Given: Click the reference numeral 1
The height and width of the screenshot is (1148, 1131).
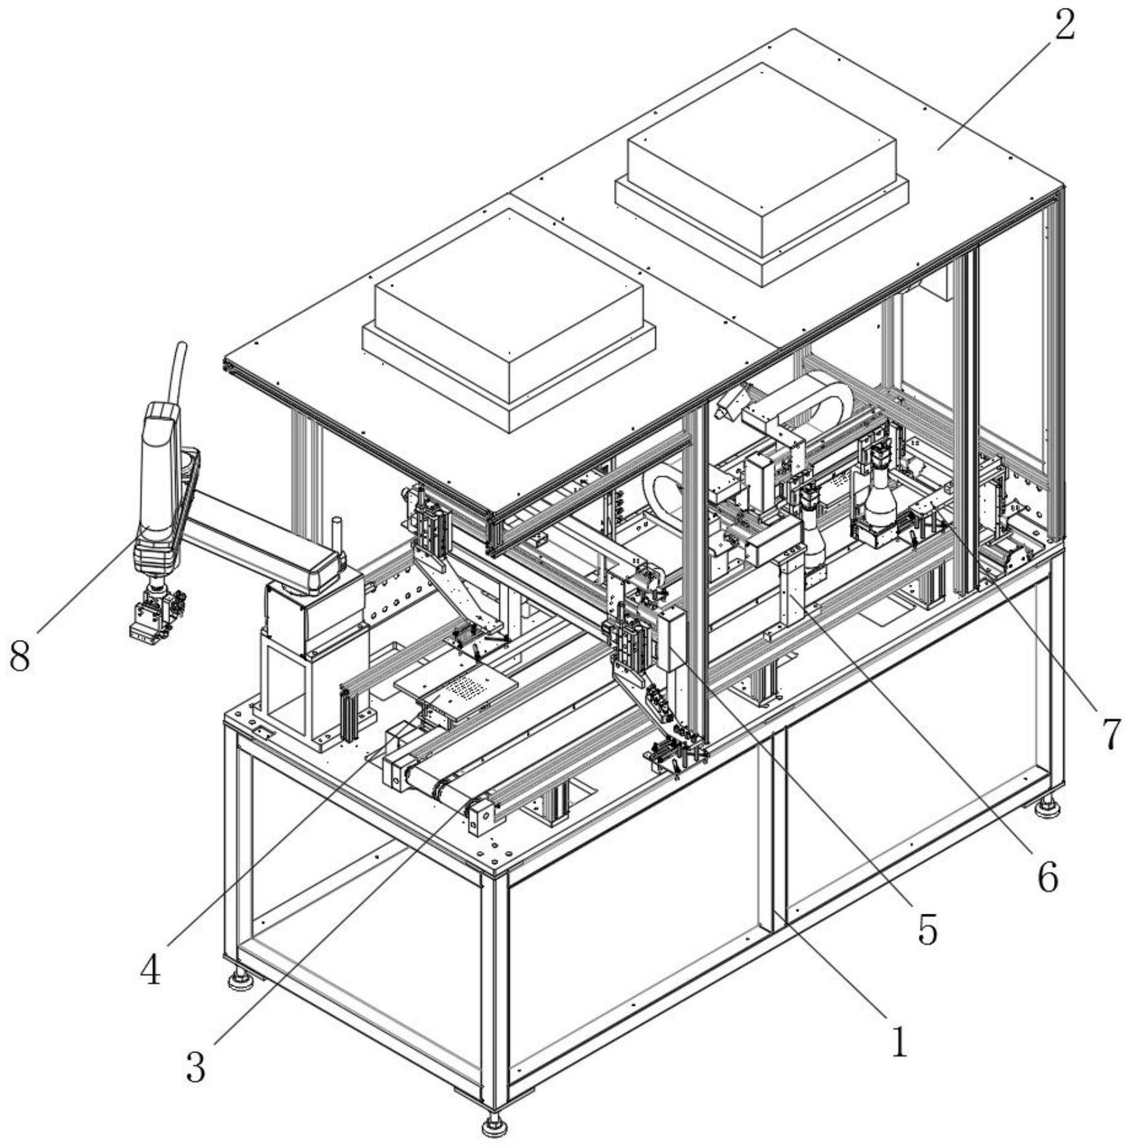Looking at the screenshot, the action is pos(899,1041).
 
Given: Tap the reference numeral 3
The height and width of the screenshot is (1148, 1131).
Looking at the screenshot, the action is pos(195,1066).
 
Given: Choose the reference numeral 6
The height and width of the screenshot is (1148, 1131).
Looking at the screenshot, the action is pos(1047,876).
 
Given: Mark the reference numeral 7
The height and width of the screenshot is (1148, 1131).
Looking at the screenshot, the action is pos(1111,734).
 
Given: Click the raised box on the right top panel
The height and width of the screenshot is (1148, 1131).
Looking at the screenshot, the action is pos(762,174).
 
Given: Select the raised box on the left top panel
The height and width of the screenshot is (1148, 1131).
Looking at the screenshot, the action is pos(509,320).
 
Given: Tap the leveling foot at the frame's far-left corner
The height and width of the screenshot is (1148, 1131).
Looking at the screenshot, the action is pos(242,980).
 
